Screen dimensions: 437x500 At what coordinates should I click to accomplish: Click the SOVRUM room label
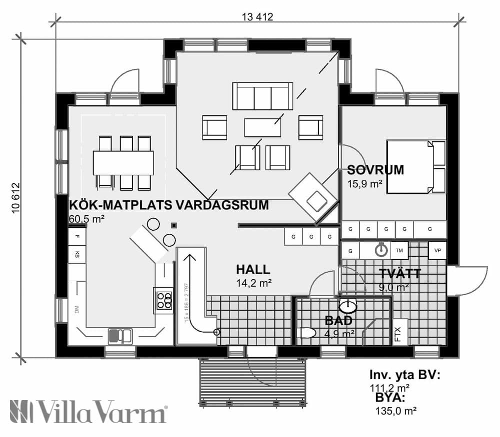click(375, 170)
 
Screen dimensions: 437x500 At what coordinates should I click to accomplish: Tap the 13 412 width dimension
click(257, 16)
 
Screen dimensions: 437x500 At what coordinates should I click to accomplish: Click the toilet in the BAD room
click(305, 333)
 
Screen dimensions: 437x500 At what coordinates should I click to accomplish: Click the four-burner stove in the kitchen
click(164, 300)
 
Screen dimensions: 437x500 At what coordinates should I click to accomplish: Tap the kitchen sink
click(120, 335)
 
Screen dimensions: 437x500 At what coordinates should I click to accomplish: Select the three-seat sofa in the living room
click(262, 95)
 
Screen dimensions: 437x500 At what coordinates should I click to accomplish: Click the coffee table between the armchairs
click(262, 127)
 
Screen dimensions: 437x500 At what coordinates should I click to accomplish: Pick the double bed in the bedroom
click(415, 167)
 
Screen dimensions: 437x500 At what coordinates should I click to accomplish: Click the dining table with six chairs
click(123, 163)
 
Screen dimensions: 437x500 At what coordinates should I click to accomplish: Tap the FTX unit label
click(398, 334)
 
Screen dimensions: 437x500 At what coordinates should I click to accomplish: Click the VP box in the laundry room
click(438, 250)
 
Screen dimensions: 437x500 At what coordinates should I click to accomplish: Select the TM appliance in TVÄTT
click(399, 250)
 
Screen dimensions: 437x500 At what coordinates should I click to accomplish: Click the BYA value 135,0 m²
click(395, 411)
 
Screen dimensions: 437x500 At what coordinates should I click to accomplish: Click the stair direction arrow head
click(190, 257)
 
